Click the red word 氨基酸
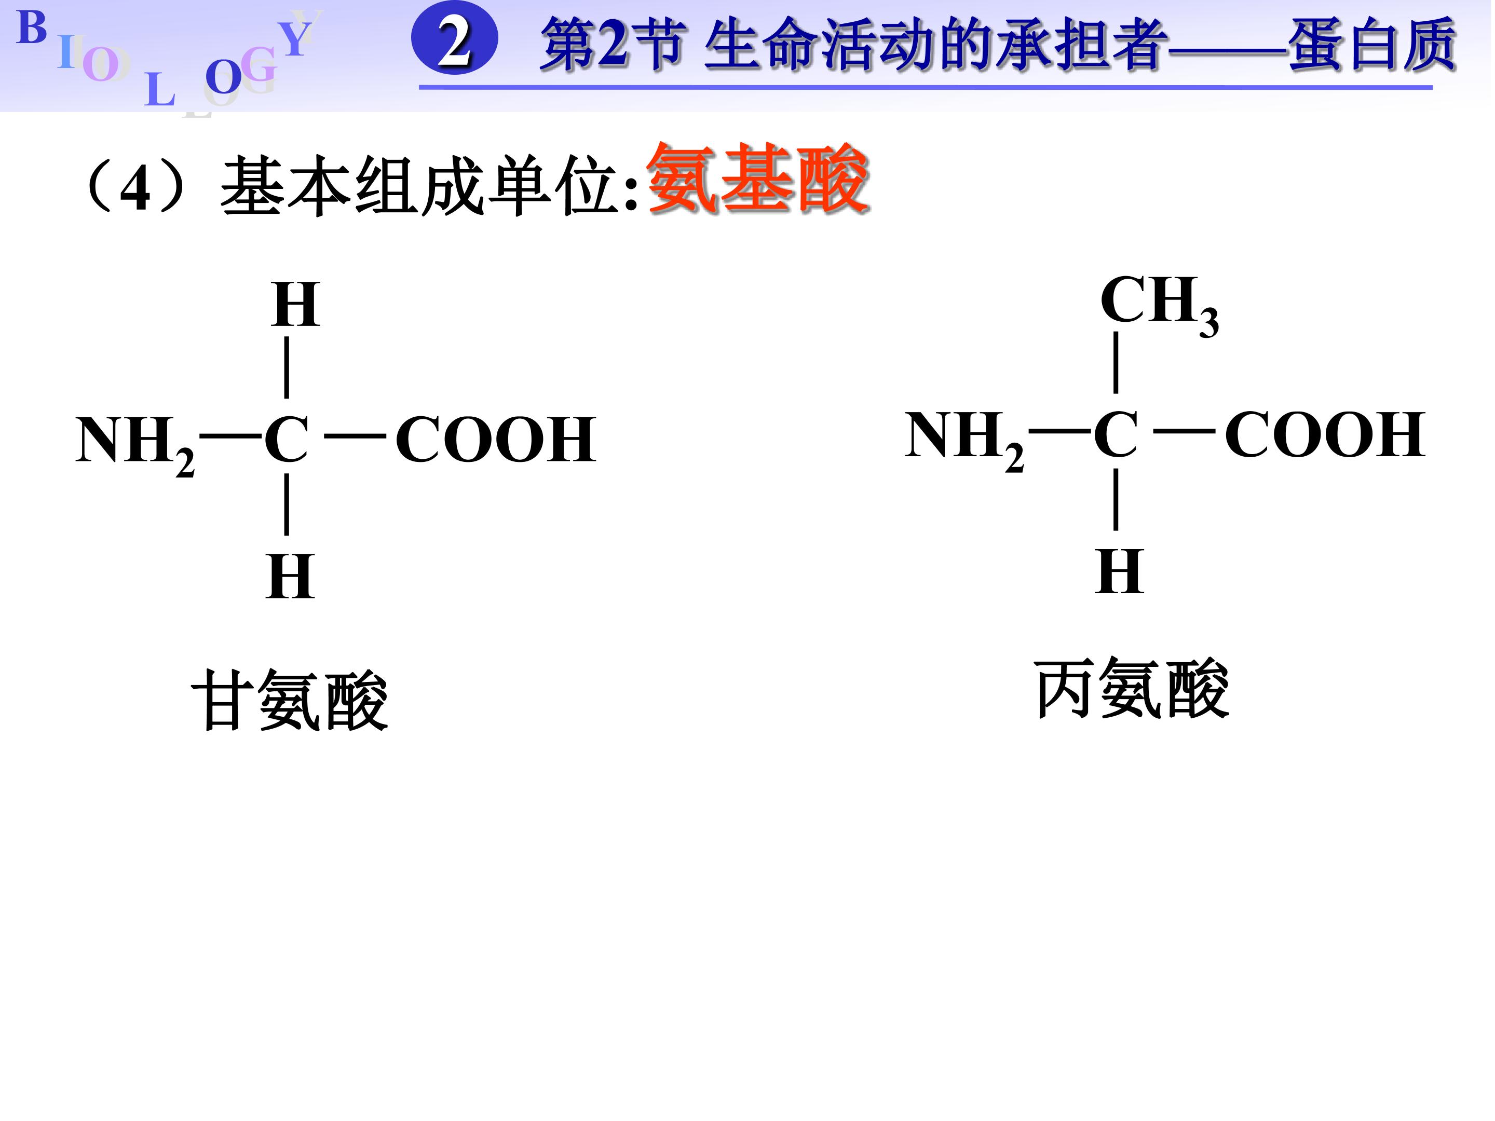757,179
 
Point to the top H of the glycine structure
295,305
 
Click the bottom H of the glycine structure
291,577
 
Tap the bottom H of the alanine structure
1119,571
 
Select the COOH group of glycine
495,440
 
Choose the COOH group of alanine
1325,435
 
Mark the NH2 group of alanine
964,438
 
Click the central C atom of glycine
287,440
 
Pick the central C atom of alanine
1116,435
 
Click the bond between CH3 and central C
1116,362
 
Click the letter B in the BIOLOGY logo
31,29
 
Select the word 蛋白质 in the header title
1372,45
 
